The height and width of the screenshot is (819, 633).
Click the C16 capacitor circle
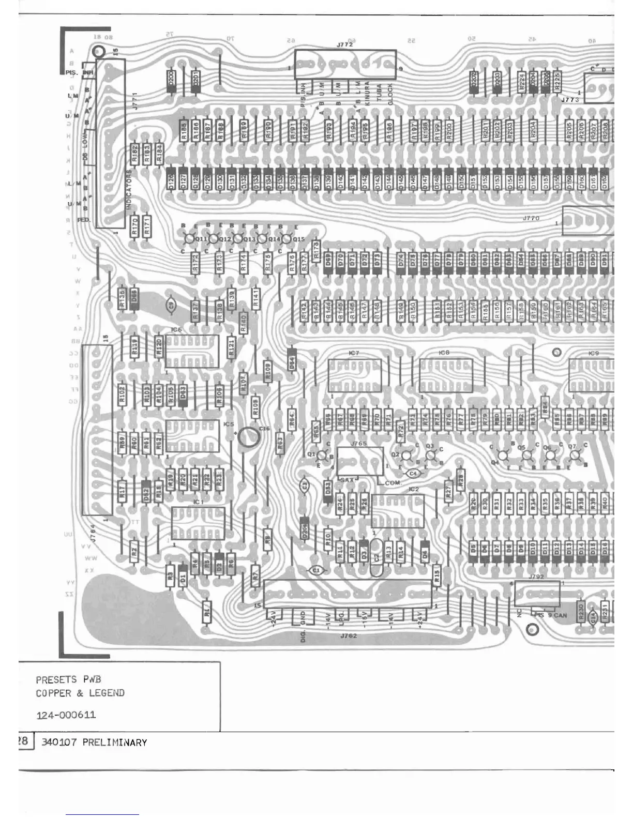tap(249, 437)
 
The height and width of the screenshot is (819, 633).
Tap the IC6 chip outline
tap(192, 352)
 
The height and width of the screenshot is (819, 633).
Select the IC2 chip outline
tap(397, 511)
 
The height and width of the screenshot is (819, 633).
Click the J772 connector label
tap(345, 45)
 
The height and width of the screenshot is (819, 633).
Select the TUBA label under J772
tap(379, 94)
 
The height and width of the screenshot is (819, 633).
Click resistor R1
tap(207, 614)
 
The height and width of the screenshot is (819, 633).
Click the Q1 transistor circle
tap(321, 456)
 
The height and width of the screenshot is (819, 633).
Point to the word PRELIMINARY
tap(114, 742)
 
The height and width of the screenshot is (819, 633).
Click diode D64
tap(292, 359)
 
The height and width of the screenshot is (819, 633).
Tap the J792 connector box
tap(537, 594)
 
